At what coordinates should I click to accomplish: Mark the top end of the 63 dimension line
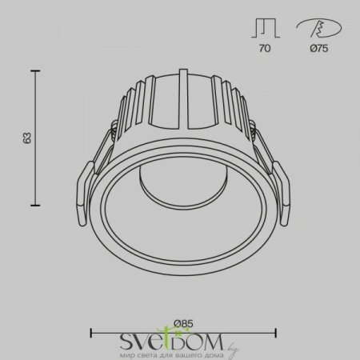(x=36, y=71)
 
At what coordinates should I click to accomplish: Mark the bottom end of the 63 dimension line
(x=36, y=202)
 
